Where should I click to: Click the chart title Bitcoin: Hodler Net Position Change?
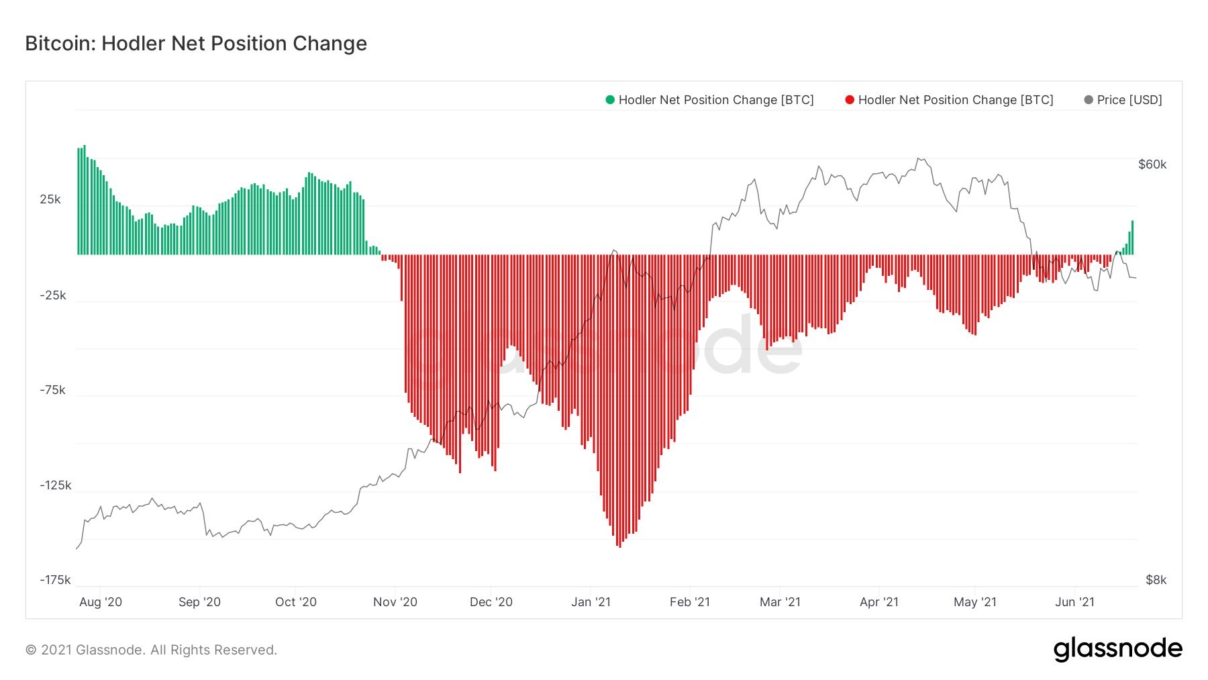coord(196,44)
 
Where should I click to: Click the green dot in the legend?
coord(610,100)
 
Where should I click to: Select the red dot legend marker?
coord(850,100)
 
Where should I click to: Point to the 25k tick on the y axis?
coord(50,199)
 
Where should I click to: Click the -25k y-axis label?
coord(52,295)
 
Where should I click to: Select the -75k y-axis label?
coord(52,390)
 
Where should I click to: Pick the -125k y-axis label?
coord(55,485)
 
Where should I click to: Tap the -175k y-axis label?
coord(55,580)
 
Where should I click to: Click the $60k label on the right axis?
coord(1152,164)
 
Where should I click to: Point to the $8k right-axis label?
coord(1156,580)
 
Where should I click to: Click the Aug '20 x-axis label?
coord(101,602)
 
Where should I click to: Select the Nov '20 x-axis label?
coord(395,602)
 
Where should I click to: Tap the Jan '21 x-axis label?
coord(591,602)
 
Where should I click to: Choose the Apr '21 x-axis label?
coord(878,602)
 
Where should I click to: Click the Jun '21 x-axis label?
coord(1074,602)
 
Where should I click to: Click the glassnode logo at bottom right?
coord(1117,649)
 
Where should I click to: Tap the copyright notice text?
coord(151,650)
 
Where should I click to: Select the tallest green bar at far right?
coord(1132,238)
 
